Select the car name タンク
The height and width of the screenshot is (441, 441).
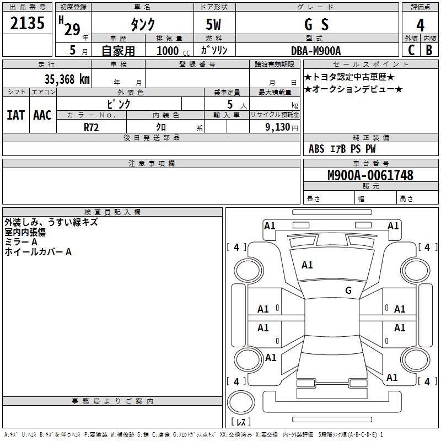pos(142,24)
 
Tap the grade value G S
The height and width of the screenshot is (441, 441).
pos(316,24)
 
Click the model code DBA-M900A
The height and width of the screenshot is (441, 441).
pos(316,51)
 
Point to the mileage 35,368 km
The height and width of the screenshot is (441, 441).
pos(67,79)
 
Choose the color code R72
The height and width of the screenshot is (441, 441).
pos(92,127)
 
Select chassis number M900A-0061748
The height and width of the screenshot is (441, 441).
pos(370,175)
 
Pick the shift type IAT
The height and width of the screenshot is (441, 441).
pos(15,115)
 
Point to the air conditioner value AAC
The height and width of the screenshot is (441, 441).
pos(42,115)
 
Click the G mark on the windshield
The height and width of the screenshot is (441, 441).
pos(348,291)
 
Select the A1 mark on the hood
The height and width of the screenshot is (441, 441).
pos(307,265)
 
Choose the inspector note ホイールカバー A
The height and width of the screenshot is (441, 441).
pos(38,252)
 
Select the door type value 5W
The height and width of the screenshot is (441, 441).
pos(214,24)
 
